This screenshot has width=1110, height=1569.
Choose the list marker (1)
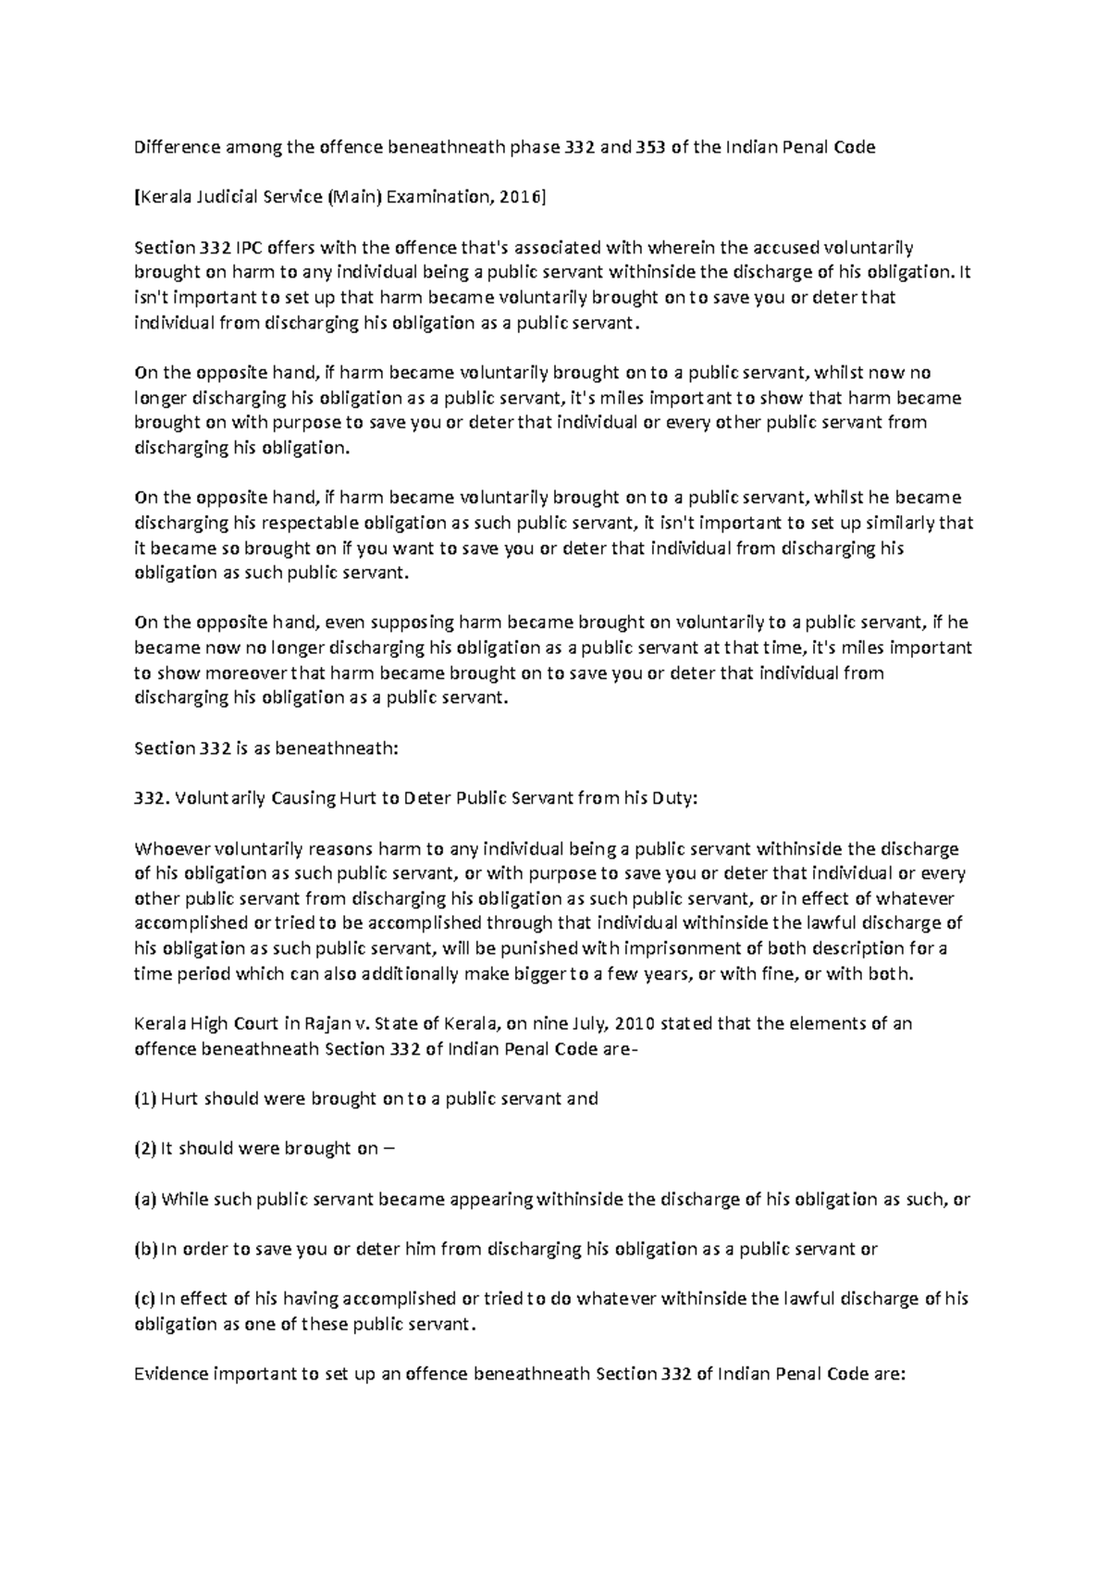click(x=145, y=1099)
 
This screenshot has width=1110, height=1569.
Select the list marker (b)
click(x=146, y=1249)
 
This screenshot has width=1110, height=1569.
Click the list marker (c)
click(x=145, y=1299)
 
